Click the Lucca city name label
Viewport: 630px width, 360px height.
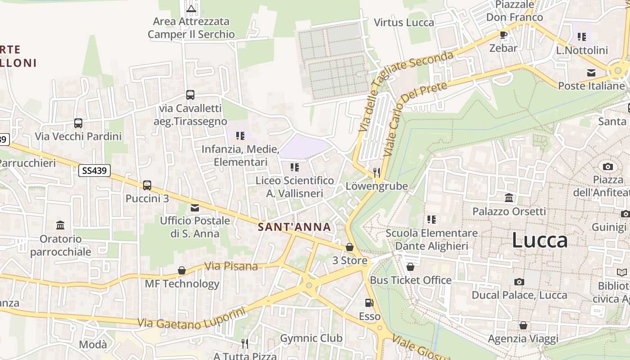(540, 240)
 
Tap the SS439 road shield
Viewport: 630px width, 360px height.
(94, 170)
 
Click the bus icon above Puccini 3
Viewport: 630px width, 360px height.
(147, 185)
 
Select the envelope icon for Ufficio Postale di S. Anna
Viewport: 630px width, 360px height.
(195, 208)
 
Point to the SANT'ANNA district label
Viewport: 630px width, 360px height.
(295, 227)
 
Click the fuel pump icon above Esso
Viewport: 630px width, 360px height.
(369, 303)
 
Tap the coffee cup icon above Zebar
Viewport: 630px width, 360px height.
(504, 35)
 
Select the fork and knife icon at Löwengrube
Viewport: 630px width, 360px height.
(377, 172)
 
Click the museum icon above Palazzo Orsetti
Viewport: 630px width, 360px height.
(509, 198)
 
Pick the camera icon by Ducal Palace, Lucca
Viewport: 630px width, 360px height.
(519, 282)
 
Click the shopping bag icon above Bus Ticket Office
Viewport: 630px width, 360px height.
(410, 267)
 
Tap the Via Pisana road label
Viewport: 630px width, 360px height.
(231, 266)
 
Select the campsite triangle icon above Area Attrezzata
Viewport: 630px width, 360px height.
(191, 8)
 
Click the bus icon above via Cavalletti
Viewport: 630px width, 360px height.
(190, 95)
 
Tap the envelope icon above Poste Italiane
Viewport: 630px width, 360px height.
(591, 73)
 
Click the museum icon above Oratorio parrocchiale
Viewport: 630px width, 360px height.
(60, 225)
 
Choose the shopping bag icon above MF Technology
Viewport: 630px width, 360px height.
(182, 270)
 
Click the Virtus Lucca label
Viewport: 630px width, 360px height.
(404, 22)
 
